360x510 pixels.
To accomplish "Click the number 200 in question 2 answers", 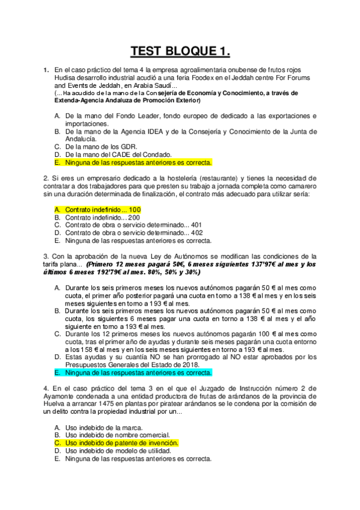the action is click(134, 217).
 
